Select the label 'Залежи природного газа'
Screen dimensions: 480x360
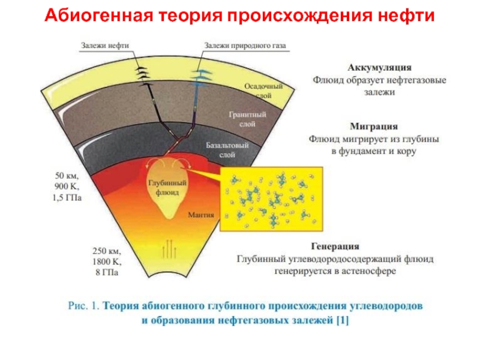pyautogui.click(x=244, y=46)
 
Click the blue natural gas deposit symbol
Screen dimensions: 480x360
pyautogui.click(x=202, y=74)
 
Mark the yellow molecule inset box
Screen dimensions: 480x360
pyautogui.click(x=272, y=199)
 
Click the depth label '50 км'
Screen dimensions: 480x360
pyautogui.click(x=68, y=176)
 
